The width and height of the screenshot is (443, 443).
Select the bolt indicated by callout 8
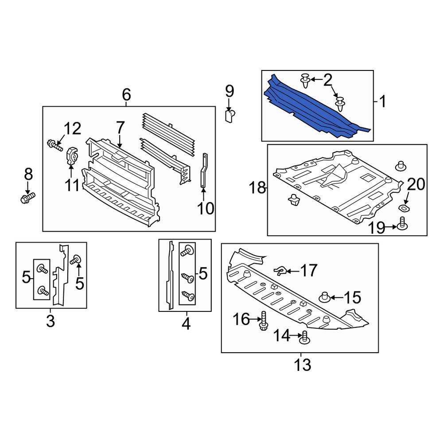coord(27,198)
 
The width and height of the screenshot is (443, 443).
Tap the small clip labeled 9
coord(230,116)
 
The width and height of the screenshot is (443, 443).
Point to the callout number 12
coord(72,128)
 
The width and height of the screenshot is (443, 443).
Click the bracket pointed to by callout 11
coord(72,155)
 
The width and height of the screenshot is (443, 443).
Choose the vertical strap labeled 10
coord(204,170)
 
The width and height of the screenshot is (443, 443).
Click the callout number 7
coord(120,128)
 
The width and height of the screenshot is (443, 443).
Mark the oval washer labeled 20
coord(404,209)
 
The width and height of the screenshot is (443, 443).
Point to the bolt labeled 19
coord(402,223)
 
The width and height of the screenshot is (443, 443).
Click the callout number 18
coord(257,187)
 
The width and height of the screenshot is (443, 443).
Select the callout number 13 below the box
coord(302,365)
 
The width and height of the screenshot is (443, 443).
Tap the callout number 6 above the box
coord(126,94)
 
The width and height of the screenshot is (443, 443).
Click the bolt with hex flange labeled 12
coord(55,145)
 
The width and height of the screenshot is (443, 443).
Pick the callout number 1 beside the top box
coord(382,101)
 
